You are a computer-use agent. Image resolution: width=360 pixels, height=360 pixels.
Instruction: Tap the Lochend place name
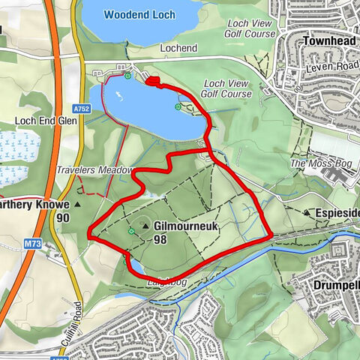[x=178, y=47]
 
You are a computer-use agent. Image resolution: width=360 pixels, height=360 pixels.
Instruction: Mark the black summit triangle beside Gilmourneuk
[x=145, y=225]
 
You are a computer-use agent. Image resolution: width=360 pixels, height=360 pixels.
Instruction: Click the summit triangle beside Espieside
[x=307, y=213]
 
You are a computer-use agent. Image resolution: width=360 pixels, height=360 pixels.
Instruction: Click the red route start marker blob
[x=152, y=82]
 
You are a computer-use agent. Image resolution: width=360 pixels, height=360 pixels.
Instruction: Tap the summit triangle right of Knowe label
[x=77, y=204]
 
